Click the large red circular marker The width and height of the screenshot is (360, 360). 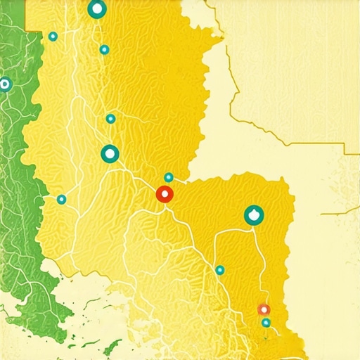click(x=165, y=195)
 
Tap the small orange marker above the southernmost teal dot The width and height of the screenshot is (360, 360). click(x=264, y=309)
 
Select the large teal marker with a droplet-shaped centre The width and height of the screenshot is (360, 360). click(x=254, y=215)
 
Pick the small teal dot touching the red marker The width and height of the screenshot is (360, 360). click(x=169, y=177)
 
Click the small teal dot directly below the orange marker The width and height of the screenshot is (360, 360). click(x=266, y=323)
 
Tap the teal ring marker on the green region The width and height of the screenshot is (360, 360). click(x=5, y=84)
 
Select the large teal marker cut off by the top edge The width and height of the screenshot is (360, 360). click(x=97, y=9)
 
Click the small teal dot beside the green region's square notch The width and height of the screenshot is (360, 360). click(x=53, y=37)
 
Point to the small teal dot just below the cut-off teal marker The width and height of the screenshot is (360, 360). click(x=104, y=49)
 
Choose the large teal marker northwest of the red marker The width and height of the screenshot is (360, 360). click(x=110, y=153)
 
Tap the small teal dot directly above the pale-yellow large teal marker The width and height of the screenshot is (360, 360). click(x=110, y=119)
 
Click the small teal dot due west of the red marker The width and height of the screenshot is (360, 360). click(x=61, y=199)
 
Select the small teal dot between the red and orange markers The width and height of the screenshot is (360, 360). click(x=220, y=270)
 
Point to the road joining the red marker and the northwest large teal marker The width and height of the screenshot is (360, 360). click(x=137, y=174)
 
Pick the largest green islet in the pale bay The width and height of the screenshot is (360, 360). click(x=111, y=347)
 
